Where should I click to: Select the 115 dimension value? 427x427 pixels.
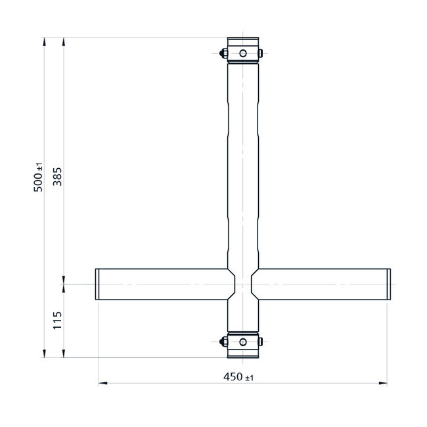(57, 321)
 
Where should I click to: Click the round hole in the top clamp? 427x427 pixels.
(242, 53)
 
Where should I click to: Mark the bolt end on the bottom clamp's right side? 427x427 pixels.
(261, 341)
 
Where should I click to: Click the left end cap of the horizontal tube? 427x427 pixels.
(97, 284)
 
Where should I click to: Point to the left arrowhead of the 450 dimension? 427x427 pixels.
(102, 382)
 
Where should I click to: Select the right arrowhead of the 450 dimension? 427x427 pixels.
(384, 382)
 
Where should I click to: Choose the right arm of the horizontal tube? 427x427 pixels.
(322, 284)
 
